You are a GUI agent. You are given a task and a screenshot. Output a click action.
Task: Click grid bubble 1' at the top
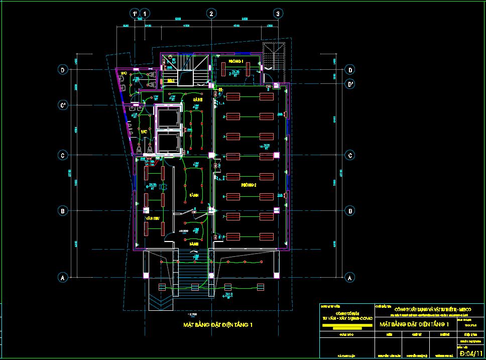point(134,14)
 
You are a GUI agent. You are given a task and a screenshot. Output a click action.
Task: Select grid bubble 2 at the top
point(211,14)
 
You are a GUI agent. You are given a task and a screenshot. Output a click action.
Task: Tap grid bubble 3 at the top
point(277,14)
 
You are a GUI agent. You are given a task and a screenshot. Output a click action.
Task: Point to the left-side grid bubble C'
point(63,105)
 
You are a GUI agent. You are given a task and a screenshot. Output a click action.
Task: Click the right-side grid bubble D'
point(349,84)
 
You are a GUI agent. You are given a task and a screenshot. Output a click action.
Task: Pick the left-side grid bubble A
point(63,277)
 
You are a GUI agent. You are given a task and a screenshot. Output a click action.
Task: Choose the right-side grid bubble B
point(349,211)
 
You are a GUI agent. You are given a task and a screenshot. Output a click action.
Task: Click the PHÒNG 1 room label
point(236,61)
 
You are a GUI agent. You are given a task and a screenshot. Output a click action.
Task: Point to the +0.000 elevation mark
point(183,231)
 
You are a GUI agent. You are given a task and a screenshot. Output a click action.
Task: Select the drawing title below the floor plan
point(218,325)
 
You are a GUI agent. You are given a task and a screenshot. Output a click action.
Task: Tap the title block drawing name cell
point(415,325)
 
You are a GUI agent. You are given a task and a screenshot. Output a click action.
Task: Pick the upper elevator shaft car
point(167,118)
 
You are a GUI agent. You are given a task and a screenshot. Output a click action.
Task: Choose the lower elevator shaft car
point(167,143)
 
